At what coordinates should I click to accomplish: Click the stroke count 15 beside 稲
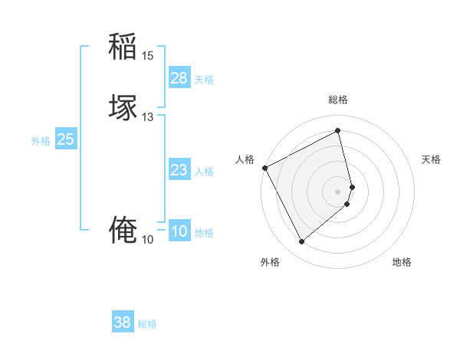tap(147, 56)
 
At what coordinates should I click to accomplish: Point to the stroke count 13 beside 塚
tap(147, 117)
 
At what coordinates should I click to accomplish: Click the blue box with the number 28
tap(179, 78)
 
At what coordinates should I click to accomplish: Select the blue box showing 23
tap(179, 170)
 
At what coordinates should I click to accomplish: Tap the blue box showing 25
tap(66, 139)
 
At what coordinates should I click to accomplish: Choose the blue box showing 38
tap(123, 322)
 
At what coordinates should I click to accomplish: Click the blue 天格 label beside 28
tap(204, 80)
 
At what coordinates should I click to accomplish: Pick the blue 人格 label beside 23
tap(204, 172)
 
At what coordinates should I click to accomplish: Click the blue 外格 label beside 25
tap(41, 141)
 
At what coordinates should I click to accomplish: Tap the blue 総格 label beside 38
tap(147, 324)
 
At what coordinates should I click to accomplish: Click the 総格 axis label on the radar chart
tap(338, 100)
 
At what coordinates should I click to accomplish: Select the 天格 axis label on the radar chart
tap(432, 159)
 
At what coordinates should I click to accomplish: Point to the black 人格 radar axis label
tap(245, 159)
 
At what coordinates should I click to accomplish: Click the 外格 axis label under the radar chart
tap(270, 262)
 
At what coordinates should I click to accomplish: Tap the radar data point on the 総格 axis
tap(338, 130)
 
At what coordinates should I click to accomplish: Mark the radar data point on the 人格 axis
tap(264, 168)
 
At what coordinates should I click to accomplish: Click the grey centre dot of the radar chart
tap(338, 190)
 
